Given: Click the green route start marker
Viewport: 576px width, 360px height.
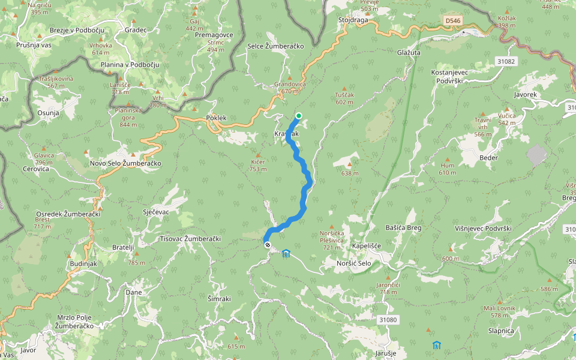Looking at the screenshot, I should [x=298, y=116].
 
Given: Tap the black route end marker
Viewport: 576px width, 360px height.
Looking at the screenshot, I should [x=267, y=244].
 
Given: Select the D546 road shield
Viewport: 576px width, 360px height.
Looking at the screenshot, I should [x=453, y=21].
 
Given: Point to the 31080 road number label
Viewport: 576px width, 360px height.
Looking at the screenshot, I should [x=388, y=320].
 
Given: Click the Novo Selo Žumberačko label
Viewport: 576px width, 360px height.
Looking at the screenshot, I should [x=125, y=163].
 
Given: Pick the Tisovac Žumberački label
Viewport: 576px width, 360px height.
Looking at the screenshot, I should [x=190, y=239].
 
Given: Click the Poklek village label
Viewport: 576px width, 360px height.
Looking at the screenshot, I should [x=216, y=118].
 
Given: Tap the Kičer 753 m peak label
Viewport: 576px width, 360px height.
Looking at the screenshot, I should [x=258, y=166].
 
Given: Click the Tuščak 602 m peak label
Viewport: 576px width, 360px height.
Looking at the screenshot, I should [x=344, y=98].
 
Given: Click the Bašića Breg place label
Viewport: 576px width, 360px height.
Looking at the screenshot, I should [x=403, y=228].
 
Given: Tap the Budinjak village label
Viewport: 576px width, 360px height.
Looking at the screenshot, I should [x=83, y=263].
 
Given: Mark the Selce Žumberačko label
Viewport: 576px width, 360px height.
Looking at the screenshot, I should [x=276, y=46].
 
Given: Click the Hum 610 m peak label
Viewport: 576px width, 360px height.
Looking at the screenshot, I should [x=448, y=169].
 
